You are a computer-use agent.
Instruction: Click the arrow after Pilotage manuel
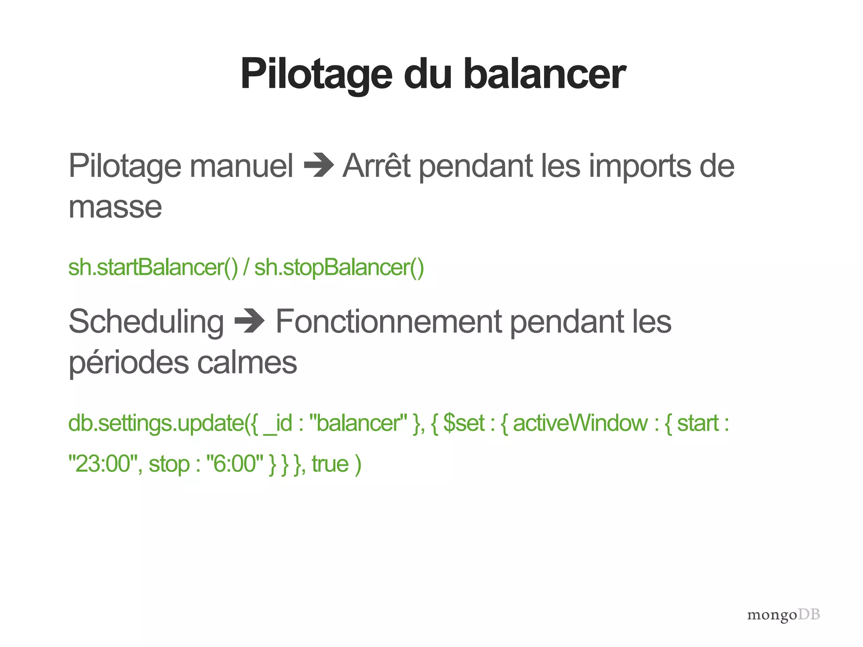click(319, 166)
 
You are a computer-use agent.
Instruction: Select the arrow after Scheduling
click(249, 322)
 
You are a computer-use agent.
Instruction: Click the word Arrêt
click(376, 166)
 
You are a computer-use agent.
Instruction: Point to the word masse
click(115, 207)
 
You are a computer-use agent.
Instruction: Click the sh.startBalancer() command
click(153, 267)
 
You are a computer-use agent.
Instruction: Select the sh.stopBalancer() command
click(339, 267)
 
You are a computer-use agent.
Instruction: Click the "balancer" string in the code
click(358, 423)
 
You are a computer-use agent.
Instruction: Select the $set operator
click(464, 423)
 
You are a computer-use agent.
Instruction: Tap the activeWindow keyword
click(580, 423)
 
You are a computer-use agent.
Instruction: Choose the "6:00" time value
click(235, 464)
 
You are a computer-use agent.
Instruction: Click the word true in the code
click(330, 464)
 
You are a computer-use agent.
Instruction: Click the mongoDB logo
click(783, 615)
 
